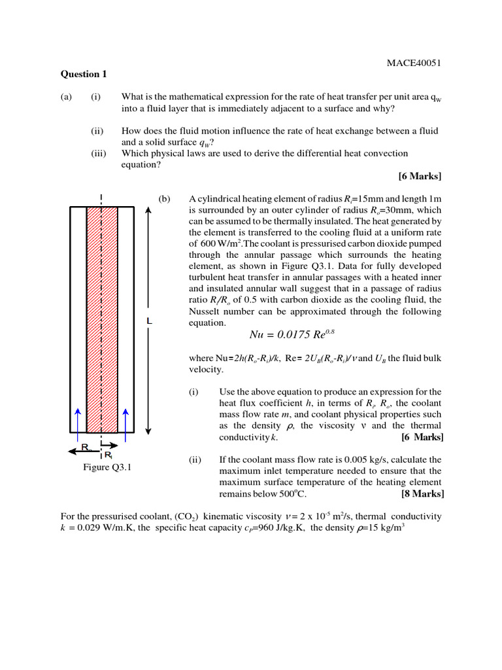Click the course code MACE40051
(x=414, y=63)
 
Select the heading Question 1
(x=83, y=74)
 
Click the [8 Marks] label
(x=422, y=493)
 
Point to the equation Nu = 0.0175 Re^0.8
(x=292, y=334)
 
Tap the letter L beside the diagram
(x=150, y=322)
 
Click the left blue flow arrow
(x=78, y=419)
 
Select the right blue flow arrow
(x=125, y=419)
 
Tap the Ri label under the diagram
(x=109, y=454)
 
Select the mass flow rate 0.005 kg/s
(x=369, y=459)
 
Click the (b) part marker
(x=163, y=199)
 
